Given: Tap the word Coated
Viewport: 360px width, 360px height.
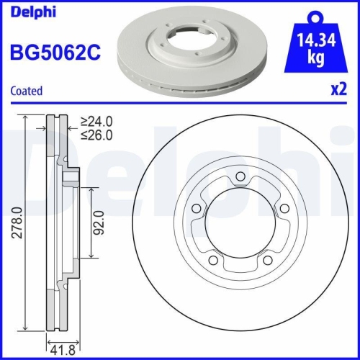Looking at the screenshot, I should click(26, 91).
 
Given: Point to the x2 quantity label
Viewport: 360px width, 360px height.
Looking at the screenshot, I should click(338, 91).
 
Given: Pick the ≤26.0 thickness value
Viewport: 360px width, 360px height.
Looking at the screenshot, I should click(96, 135).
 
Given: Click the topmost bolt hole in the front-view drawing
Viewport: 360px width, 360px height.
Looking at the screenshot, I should click(240, 181).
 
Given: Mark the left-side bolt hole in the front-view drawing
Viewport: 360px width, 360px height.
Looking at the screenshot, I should click(196, 210).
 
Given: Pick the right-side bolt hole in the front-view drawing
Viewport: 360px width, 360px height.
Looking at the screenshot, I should click(283, 210).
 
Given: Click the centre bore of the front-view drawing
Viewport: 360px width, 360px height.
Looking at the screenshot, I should click(240, 226).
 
